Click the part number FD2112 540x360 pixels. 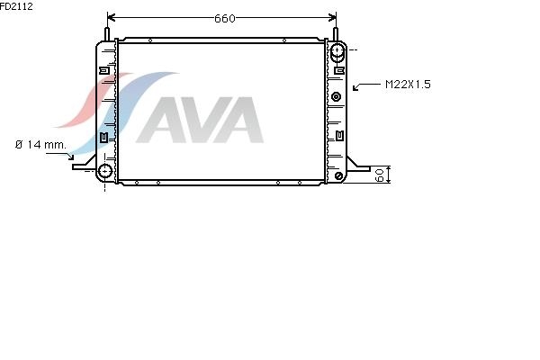point(16,6)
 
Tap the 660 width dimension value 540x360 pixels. point(224,18)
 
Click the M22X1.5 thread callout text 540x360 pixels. point(408,85)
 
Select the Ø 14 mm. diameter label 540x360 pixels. point(40,145)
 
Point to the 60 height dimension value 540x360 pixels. point(379,175)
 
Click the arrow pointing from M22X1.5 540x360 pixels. point(366,85)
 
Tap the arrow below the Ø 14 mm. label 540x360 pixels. point(61,156)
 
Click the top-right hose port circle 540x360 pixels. point(337,50)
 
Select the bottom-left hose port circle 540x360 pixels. point(105,171)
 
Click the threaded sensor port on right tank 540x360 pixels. point(336,97)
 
